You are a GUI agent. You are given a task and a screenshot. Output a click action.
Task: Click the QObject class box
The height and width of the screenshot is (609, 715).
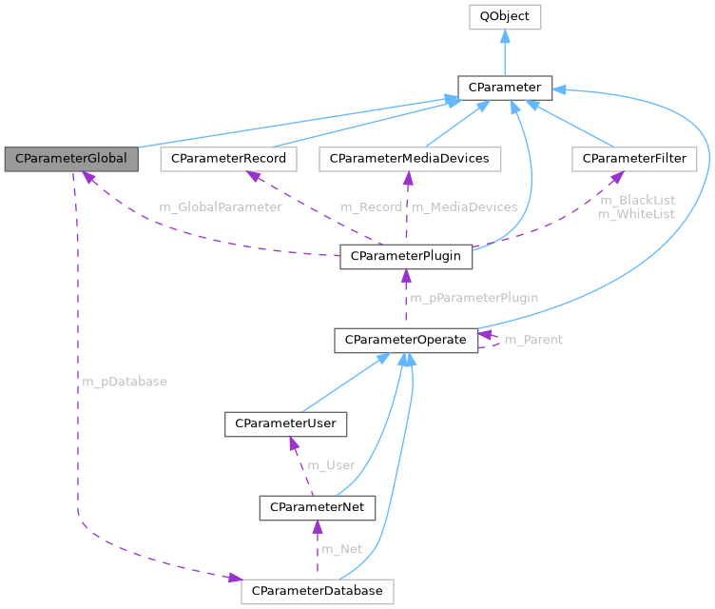tap(505, 16)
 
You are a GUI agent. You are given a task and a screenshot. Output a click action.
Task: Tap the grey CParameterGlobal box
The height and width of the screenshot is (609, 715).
tap(71, 159)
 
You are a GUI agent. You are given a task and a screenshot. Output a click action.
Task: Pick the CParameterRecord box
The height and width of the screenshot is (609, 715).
tap(229, 159)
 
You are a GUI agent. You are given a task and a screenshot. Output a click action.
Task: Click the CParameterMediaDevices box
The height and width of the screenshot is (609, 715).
tap(409, 159)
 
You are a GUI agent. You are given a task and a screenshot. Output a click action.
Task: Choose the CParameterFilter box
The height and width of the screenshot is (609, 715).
tap(634, 159)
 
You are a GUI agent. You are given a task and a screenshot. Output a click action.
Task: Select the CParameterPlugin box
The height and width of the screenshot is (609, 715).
tap(406, 256)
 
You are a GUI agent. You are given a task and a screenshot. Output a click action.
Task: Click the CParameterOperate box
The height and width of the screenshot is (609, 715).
tap(406, 340)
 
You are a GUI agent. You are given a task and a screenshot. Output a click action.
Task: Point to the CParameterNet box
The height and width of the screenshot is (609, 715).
tap(318, 507)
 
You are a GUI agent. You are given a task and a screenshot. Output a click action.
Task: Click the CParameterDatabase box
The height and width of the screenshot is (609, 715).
tap(318, 591)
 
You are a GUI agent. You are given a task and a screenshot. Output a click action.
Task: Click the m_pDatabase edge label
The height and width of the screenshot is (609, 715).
tap(125, 382)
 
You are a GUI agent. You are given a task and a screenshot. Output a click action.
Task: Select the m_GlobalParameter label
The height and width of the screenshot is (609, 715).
tap(221, 206)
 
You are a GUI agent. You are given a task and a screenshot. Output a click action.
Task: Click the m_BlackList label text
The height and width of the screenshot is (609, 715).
tap(636, 200)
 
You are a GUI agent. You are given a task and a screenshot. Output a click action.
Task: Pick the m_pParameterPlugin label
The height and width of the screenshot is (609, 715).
tap(473, 298)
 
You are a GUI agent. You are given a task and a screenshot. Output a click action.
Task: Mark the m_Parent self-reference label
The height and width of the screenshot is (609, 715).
tap(533, 340)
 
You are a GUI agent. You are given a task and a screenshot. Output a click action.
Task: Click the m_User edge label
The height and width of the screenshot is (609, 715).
tap(330, 465)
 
